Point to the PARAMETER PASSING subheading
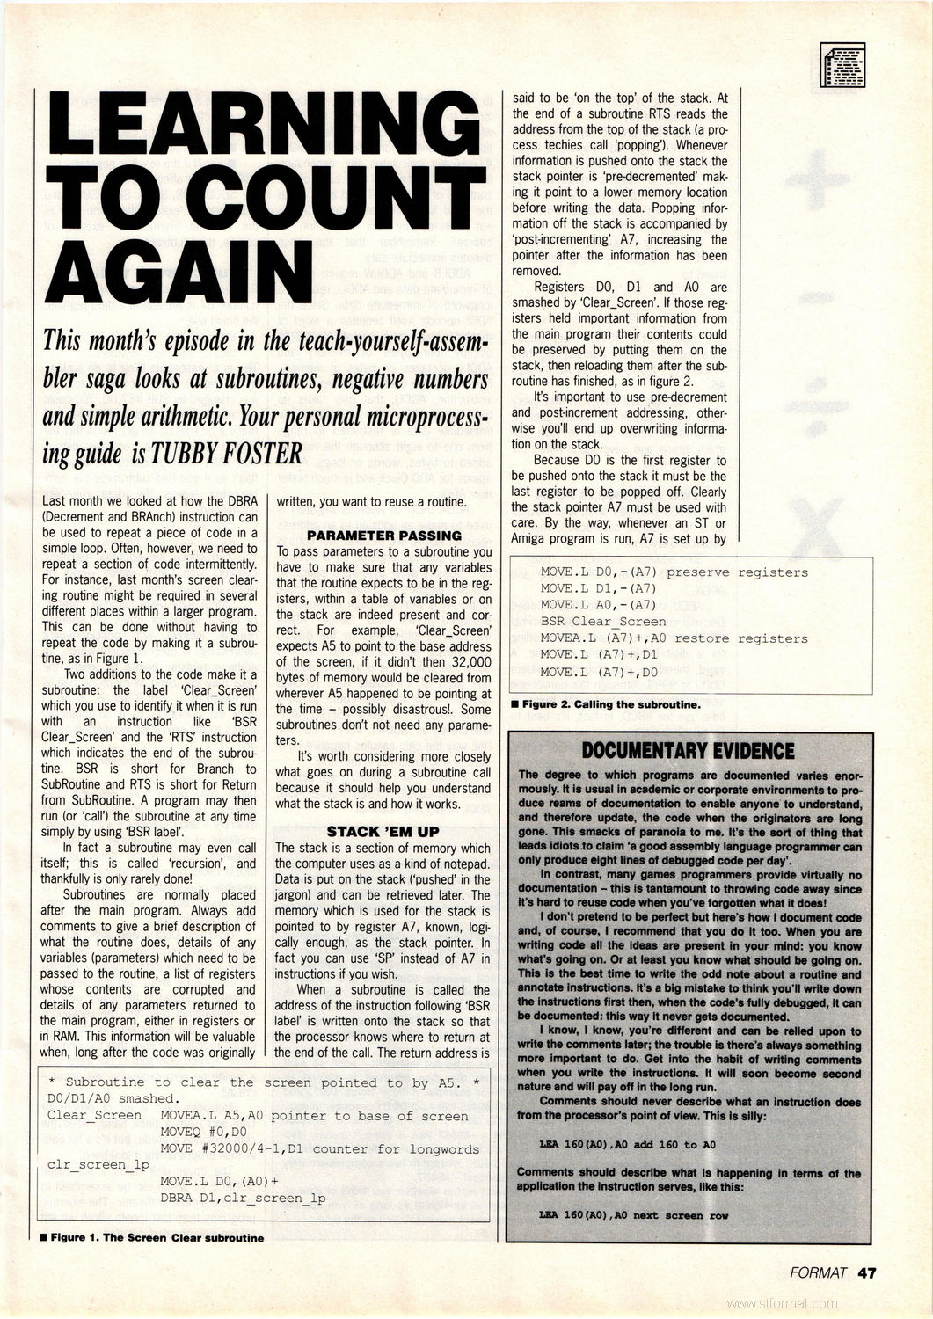coord(384,535)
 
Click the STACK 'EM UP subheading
coord(383,831)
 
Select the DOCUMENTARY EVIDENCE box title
coord(688,750)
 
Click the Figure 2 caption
coord(606,704)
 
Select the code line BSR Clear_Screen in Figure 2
coord(603,622)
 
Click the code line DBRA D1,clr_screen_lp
coord(244,1198)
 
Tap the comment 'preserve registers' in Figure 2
coord(737,572)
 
